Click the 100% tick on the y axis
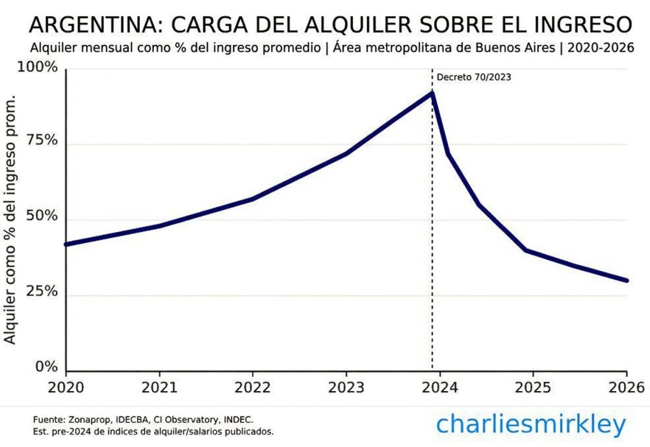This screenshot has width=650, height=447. pyautogui.click(x=42, y=68)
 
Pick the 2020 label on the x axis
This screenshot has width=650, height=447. pyautogui.click(x=66, y=387)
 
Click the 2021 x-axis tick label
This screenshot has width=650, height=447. pyautogui.click(x=159, y=387)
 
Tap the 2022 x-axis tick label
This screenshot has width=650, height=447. pyautogui.click(x=253, y=387)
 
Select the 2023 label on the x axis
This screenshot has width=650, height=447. pyautogui.click(x=346, y=387)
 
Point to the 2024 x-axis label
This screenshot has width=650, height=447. pyautogui.click(x=439, y=387)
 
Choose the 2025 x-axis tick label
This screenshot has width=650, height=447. pyautogui.click(x=533, y=387)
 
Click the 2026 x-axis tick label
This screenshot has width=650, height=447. pyautogui.click(x=625, y=387)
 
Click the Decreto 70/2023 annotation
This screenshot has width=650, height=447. pyautogui.click(x=473, y=77)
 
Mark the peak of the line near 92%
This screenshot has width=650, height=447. pyautogui.click(x=432, y=93)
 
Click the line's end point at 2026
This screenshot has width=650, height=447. pyautogui.click(x=627, y=281)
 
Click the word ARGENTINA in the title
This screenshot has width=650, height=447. pyautogui.click(x=91, y=25)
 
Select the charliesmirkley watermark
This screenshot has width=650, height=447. pyautogui.click(x=531, y=424)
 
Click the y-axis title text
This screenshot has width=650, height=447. pyautogui.click(x=10, y=221)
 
